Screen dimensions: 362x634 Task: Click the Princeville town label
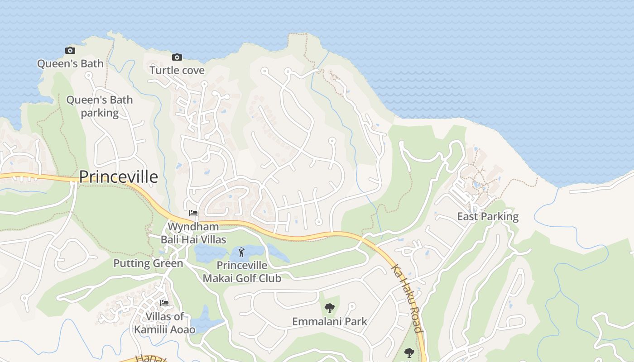tap(119, 177)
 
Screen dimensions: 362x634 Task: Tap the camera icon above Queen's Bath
tap(70, 50)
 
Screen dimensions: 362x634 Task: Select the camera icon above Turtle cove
tap(177, 57)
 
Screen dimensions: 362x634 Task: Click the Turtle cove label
tap(177, 70)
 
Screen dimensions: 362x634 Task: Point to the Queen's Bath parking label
tap(100, 106)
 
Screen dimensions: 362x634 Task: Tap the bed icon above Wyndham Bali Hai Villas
tap(193, 213)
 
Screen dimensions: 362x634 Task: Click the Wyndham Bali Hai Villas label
tap(193, 233)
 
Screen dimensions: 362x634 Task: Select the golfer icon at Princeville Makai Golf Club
tap(241, 252)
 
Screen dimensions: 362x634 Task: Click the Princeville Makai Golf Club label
tap(242, 271)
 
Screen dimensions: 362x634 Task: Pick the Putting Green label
tap(148, 263)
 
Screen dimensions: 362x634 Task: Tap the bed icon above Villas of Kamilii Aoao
tap(164, 303)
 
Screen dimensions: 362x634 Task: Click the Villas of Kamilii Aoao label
tap(165, 323)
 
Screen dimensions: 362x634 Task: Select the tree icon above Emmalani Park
tap(329, 308)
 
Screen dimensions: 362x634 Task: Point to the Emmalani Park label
tap(330, 322)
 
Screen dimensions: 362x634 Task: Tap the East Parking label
tap(488, 216)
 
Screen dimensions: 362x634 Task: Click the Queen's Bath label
tap(70, 63)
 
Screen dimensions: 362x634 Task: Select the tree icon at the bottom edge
tap(409, 352)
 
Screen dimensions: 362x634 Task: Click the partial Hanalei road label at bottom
tap(145, 358)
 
